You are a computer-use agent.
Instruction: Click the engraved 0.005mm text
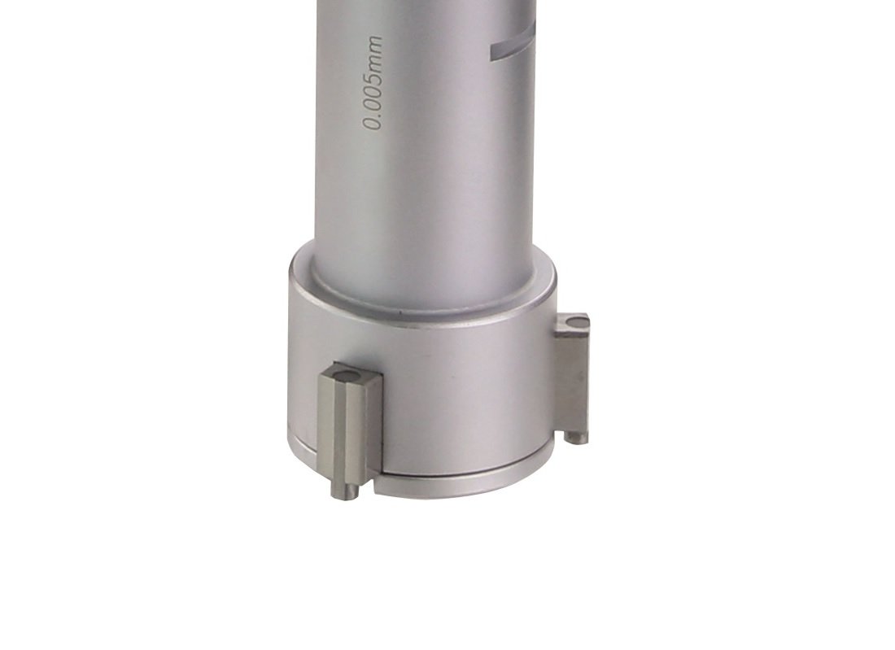[373, 83]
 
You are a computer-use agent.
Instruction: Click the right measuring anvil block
[571, 377]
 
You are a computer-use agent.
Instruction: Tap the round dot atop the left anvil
[347, 375]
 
